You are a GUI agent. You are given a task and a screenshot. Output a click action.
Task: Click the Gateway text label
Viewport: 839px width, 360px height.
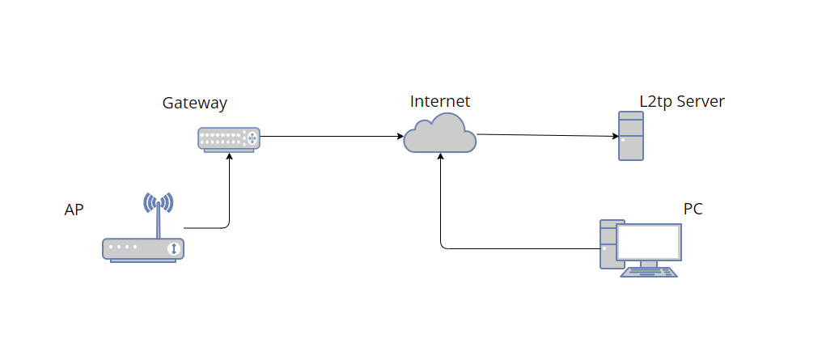[194, 104]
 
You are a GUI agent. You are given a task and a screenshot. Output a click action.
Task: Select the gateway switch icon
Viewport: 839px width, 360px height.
[229, 138]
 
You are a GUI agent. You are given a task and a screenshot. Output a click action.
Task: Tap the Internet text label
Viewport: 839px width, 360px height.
[439, 102]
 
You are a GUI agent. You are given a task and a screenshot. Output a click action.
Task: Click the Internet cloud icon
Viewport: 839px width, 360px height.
[439, 133]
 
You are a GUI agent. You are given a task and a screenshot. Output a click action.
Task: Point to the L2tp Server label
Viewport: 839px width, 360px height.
[681, 102]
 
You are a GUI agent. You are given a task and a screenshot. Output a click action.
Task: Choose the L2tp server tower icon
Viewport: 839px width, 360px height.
[631, 136]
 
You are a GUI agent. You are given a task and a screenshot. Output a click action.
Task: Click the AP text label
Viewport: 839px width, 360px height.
[74, 210]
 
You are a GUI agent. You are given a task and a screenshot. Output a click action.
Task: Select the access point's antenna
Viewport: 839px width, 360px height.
[158, 206]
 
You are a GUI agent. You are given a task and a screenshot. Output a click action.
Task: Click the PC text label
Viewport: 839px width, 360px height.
[693, 210]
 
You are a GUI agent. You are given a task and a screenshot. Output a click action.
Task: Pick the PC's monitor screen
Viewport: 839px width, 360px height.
[648, 241]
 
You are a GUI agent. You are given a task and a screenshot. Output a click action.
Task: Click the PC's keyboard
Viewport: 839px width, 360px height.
[648, 273]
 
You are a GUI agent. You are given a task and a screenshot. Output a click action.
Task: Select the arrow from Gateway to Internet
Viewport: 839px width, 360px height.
[332, 137]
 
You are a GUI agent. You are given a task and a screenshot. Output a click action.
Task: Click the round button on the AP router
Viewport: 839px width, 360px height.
[172, 248]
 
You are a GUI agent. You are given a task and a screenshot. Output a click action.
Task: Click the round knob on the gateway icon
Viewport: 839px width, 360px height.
[251, 138]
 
